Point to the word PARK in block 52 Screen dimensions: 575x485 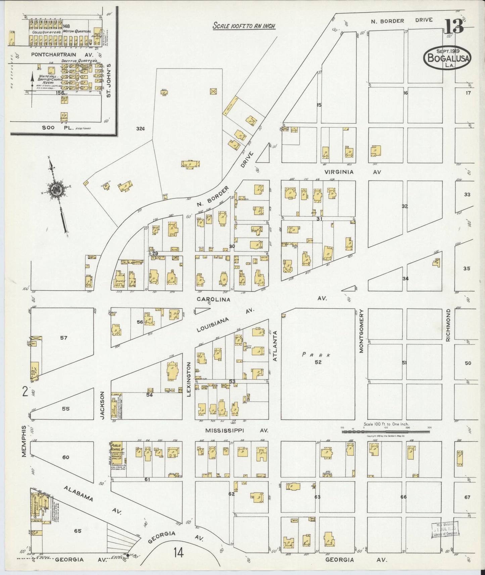point(316,355)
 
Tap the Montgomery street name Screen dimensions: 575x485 point(361,331)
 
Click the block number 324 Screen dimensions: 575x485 point(140,128)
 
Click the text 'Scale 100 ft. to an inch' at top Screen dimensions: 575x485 point(244,26)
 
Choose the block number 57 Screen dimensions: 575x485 point(64,338)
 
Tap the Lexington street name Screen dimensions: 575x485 point(189,379)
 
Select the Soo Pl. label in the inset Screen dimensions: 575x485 point(53,128)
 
